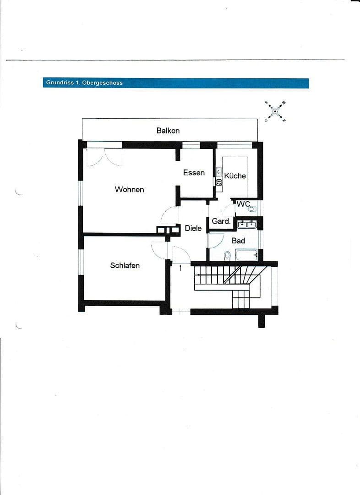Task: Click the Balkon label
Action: [x=168, y=131]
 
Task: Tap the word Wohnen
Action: [x=129, y=189]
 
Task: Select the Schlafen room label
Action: [x=125, y=265]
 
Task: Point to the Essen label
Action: [x=194, y=173]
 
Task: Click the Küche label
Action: [x=235, y=176]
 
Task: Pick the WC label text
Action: [x=243, y=204]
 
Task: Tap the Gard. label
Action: [x=221, y=221]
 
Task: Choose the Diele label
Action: [x=193, y=228]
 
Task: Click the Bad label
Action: [x=238, y=241]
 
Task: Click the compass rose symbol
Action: [x=275, y=110]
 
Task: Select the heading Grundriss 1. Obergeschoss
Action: [x=84, y=83]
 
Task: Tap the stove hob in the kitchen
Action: [x=219, y=182]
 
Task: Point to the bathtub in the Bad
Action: [x=247, y=255]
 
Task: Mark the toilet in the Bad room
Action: [x=227, y=255]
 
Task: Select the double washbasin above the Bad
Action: [x=247, y=224]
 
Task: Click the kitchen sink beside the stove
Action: [x=219, y=173]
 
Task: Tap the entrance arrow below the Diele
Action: [x=180, y=267]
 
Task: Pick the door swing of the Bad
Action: [x=215, y=241]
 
